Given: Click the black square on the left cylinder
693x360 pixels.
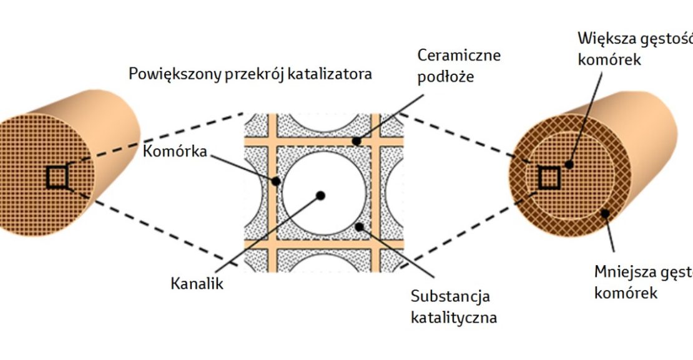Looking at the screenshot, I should click(56, 178).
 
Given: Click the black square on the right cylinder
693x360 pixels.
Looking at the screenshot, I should click(549, 178).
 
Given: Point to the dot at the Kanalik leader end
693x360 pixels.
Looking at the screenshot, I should click(320, 195).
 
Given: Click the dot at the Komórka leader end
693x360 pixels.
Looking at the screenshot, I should click(275, 182).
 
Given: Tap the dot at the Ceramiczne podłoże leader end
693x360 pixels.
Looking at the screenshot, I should click(356, 142).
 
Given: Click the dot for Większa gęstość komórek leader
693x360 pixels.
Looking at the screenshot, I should click(569, 165).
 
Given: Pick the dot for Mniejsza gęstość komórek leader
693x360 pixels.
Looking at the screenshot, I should click(605, 213).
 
